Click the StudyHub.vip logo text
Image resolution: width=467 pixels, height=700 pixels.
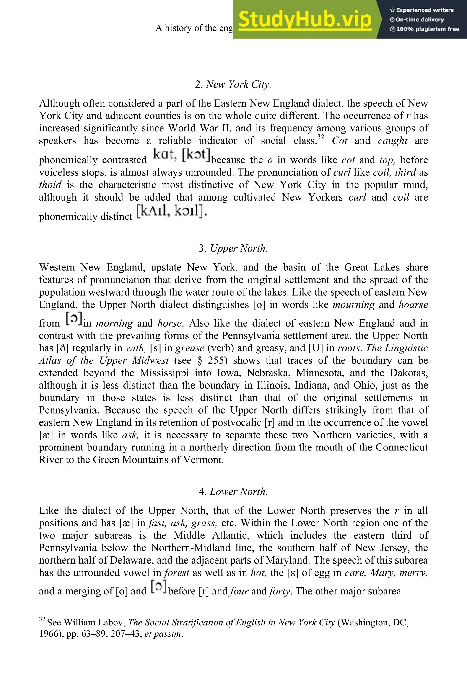[x=305, y=19]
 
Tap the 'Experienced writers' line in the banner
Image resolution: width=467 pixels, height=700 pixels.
[x=421, y=10]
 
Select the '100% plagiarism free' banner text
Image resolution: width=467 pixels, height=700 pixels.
[x=424, y=29]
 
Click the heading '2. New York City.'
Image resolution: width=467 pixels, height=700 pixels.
[x=233, y=85]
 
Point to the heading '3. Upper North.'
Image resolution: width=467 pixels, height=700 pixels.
[x=233, y=248]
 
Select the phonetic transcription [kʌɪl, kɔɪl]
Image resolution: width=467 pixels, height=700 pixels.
[x=171, y=212]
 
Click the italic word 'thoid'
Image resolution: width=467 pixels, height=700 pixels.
[x=50, y=185]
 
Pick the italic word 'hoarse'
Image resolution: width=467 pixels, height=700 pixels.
[x=413, y=305]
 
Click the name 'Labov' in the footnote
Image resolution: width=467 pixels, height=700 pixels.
[x=112, y=623]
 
